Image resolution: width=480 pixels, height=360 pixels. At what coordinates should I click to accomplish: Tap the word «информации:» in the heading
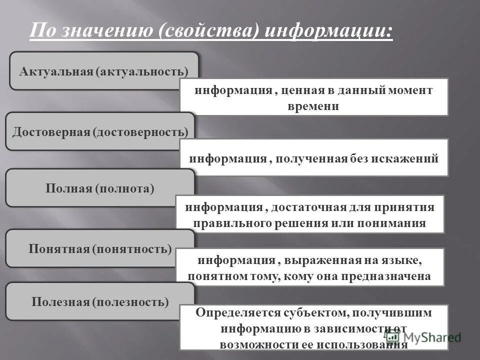tap(328, 31)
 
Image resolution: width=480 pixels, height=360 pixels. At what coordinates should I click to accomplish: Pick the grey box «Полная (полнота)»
tap(99, 188)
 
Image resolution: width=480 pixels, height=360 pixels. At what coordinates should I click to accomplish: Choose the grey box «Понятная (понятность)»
tap(99, 248)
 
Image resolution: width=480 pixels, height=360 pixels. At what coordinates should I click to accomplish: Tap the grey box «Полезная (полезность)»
tap(99, 302)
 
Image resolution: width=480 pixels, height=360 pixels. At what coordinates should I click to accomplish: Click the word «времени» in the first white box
tap(313, 106)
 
